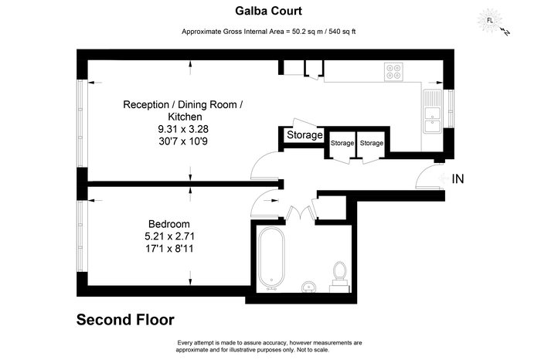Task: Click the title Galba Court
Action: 268,11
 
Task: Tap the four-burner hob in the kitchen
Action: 393,72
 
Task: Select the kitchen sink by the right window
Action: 432,111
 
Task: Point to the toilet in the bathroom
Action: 340,277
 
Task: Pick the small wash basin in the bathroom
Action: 309,287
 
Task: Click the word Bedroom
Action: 169,224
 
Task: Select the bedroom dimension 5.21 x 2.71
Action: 169,236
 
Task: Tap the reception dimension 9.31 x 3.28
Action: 183,129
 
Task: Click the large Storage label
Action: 305,135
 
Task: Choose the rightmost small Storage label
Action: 372,143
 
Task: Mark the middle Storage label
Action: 342,143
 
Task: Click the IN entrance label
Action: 458,178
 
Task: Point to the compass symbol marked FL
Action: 489,20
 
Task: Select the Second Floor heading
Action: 125,320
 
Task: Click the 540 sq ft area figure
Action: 342,32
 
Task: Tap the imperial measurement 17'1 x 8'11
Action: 169,248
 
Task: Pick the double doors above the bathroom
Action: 301,212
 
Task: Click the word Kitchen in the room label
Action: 185,117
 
